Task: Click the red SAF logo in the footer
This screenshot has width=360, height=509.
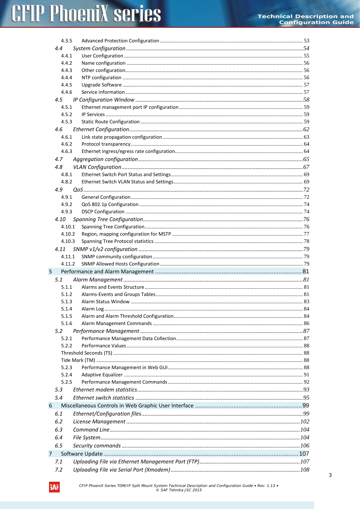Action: (x=54, y=487)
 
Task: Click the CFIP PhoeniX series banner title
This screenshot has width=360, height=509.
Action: (x=86, y=14)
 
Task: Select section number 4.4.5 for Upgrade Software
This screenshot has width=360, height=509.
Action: (x=66, y=85)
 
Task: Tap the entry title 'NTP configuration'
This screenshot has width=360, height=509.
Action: (x=101, y=77)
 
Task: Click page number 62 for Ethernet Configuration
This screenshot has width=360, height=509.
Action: (x=306, y=129)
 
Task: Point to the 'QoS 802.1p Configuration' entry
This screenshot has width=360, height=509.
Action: (x=110, y=204)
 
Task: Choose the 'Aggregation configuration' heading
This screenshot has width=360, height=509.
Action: (x=105, y=159)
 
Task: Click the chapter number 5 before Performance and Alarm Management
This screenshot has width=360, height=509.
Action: (x=50, y=272)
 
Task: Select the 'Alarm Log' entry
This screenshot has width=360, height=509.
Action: (x=93, y=309)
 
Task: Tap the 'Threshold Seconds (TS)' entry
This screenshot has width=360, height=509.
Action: (x=86, y=353)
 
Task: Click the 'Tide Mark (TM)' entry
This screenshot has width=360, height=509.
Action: (x=78, y=360)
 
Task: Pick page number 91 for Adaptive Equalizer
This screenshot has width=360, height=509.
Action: (x=306, y=375)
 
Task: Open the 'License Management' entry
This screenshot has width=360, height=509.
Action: (x=99, y=422)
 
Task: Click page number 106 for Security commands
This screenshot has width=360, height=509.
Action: (x=305, y=446)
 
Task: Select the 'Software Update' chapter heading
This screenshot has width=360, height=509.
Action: (x=82, y=454)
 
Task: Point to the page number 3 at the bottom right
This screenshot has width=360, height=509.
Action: (x=330, y=475)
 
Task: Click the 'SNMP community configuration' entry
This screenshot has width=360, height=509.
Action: (x=117, y=257)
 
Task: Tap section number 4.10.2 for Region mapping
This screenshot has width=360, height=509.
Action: (x=68, y=234)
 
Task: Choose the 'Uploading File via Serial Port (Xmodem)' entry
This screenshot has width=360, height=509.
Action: (x=121, y=470)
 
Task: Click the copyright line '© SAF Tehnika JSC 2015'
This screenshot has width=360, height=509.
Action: (x=179, y=490)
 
